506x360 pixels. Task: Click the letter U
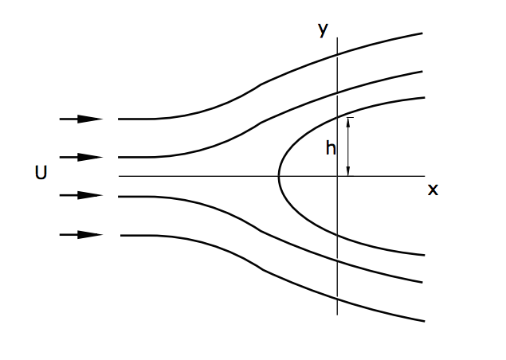click(x=41, y=172)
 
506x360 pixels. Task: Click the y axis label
click(x=323, y=30)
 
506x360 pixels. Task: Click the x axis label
click(x=433, y=190)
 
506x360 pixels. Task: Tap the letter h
click(x=331, y=147)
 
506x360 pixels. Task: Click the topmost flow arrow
click(x=81, y=119)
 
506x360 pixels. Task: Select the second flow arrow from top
click(x=81, y=158)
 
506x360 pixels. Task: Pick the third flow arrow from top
click(x=81, y=195)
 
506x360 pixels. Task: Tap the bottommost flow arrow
click(x=81, y=235)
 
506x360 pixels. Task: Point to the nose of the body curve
click(x=279, y=176)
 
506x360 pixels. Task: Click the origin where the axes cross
click(x=338, y=176)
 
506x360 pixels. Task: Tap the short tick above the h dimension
click(x=348, y=118)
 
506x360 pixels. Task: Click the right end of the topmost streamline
click(x=422, y=33)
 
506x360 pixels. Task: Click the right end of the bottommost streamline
click(x=422, y=321)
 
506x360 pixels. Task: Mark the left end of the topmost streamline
click(x=119, y=119)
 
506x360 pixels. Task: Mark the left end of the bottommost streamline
click(x=121, y=236)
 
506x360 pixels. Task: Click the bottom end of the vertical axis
click(x=338, y=315)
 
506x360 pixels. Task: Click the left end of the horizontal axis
click(x=119, y=176)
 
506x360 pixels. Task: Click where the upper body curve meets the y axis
click(x=338, y=117)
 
